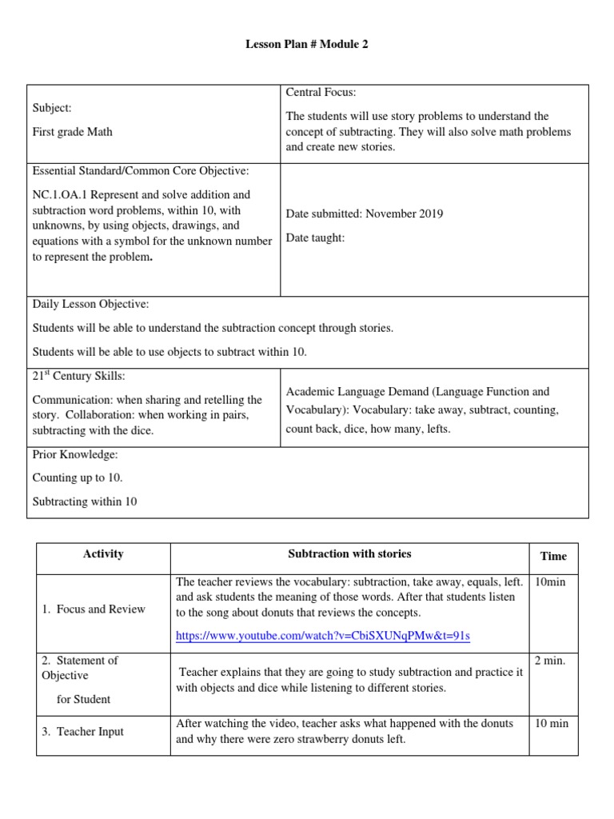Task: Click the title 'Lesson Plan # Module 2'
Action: pos(307,46)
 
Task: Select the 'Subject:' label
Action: pos(52,108)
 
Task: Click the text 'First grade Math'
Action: pos(72,132)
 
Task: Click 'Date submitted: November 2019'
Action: pos(364,214)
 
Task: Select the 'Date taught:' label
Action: pos(315,238)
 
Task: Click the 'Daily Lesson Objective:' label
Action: pos(90,305)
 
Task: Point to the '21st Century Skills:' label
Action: pos(78,376)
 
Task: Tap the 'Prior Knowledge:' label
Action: pos(75,454)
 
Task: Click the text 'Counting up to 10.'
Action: pos(78,477)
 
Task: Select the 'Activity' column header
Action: pos(103,554)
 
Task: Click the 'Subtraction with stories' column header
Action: pos(349,553)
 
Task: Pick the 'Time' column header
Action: pos(553,556)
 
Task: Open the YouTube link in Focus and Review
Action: pos(322,636)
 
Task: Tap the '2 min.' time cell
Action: pos(550,660)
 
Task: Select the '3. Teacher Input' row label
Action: pos(82,731)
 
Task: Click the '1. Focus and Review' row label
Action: pos(93,609)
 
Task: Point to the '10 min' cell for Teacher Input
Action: pos(552,724)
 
